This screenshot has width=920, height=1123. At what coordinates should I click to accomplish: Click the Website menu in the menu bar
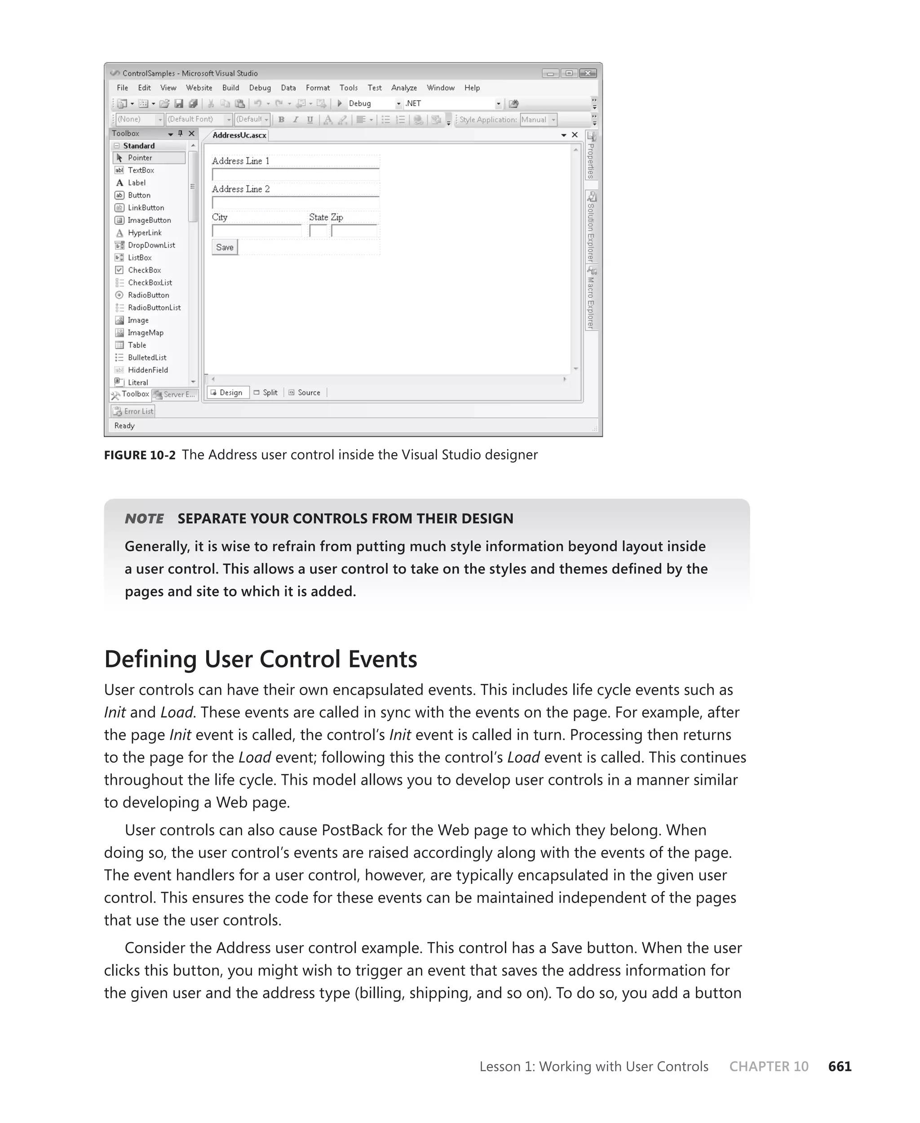pyautogui.click(x=199, y=88)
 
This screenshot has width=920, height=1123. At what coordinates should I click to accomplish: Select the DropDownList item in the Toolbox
pyautogui.click(x=151, y=245)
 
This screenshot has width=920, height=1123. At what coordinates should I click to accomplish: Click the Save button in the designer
pyautogui.click(x=225, y=248)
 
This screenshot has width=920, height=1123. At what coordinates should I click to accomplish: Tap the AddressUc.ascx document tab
pyautogui.click(x=239, y=135)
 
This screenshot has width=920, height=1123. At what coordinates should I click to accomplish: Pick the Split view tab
pyautogui.click(x=270, y=393)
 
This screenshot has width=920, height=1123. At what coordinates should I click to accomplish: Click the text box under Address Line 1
pyautogui.click(x=295, y=175)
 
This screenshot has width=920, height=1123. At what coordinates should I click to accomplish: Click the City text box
pyautogui.click(x=257, y=231)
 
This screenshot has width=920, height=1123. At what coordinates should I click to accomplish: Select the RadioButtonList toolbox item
pyautogui.click(x=154, y=308)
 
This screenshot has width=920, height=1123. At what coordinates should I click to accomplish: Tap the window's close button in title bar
pyautogui.click(x=588, y=73)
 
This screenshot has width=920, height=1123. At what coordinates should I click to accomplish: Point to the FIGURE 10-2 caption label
pyautogui.click(x=139, y=455)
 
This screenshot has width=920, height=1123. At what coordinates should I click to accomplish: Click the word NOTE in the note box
pyautogui.click(x=144, y=519)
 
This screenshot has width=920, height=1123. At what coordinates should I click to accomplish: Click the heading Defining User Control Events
pyautogui.click(x=260, y=659)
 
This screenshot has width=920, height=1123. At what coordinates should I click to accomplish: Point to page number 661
pyautogui.click(x=840, y=1066)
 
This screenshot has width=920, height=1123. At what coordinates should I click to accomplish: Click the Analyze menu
pyautogui.click(x=404, y=88)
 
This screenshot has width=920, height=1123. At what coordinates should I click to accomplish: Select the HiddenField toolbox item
pyautogui.click(x=147, y=371)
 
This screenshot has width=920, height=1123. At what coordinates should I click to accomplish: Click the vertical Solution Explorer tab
pyautogui.click(x=591, y=228)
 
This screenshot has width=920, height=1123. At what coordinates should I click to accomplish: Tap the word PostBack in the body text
pyautogui.click(x=352, y=831)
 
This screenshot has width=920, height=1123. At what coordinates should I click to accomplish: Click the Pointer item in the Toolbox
pyautogui.click(x=140, y=158)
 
